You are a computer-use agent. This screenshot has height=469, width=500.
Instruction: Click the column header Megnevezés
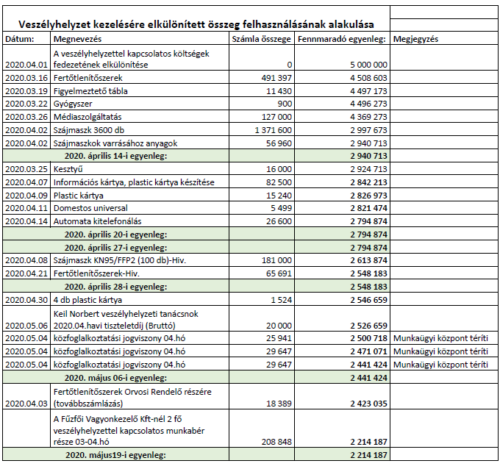[x=77, y=38]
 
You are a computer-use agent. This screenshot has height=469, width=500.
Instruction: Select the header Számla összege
[x=260, y=38]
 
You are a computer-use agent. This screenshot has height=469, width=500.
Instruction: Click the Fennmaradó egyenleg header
[x=342, y=38]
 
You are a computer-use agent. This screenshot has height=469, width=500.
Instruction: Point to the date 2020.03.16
[x=26, y=77]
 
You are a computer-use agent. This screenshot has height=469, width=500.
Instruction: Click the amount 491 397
[x=276, y=77]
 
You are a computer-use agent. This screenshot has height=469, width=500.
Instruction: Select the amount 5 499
[x=282, y=208]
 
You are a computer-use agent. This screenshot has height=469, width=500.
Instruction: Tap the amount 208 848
[x=276, y=442]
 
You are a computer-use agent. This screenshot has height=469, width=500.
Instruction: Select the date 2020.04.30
[x=26, y=299]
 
